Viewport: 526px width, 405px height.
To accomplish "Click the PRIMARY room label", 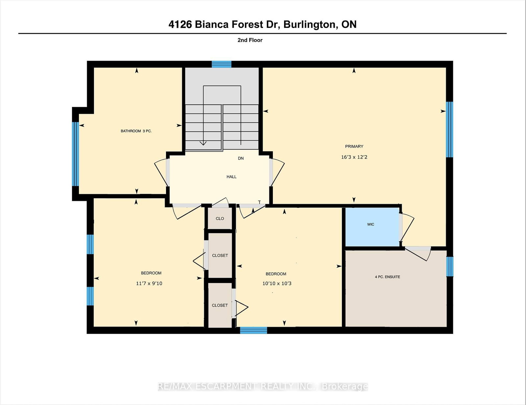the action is point(354,146).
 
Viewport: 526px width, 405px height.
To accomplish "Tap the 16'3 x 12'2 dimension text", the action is point(354,157).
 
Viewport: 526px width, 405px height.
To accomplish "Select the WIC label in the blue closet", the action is point(371,224).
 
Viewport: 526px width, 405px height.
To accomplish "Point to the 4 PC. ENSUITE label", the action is point(387,277).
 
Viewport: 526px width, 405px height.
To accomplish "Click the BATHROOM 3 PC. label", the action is point(136,131).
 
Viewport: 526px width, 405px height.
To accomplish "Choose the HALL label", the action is point(231,177).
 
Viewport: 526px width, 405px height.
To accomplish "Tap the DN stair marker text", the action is point(241,158).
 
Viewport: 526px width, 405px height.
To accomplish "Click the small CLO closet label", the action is point(220,219).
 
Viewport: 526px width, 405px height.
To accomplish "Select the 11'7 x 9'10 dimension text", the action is point(149,284).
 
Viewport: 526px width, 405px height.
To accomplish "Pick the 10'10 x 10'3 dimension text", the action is point(277,284).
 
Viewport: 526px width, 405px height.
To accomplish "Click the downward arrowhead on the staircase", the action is point(203,143).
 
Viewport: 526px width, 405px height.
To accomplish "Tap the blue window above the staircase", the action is point(222,64).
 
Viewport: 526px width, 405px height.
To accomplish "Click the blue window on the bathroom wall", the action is point(76,154).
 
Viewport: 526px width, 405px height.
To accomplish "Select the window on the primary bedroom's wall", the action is point(449,130).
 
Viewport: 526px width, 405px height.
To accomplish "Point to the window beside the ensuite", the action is point(449,266).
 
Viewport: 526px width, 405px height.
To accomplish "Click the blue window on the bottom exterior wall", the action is point(253,330).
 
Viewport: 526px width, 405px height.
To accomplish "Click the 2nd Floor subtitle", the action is point(250,40).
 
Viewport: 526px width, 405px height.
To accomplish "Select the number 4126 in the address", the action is point(180,25).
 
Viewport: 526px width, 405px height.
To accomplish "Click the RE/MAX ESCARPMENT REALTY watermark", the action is point(263,387).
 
